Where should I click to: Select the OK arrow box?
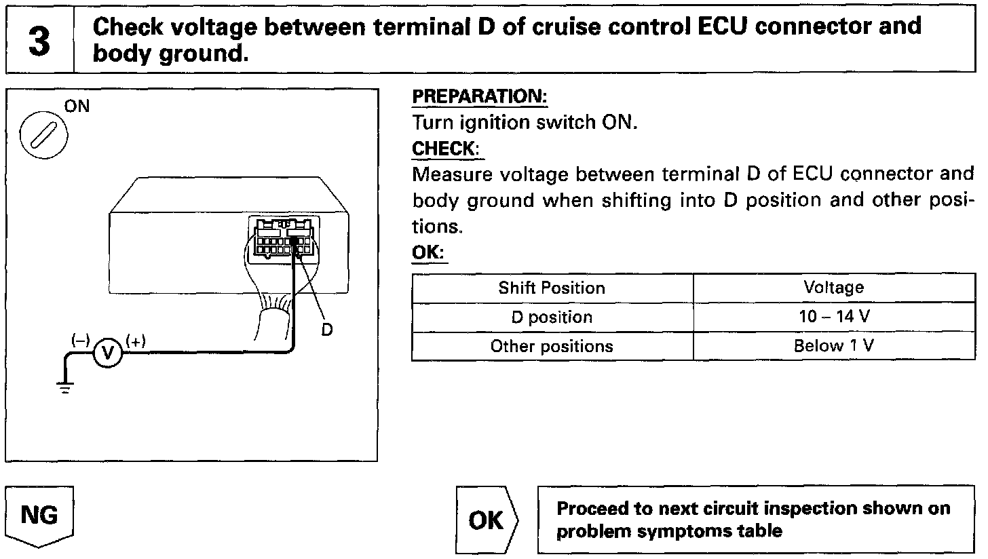coord(487,520)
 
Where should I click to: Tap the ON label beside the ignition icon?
coord(77,107)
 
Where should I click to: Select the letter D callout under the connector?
coord(326,329)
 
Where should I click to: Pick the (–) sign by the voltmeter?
coord(81,341)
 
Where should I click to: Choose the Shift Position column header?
coord(552,288)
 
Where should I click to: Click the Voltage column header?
coord(833,288)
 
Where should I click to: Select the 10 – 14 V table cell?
coord(833,317)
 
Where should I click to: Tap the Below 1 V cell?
coord(833,346)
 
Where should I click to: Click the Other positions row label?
coord(552,346)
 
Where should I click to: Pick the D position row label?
coord(552,317)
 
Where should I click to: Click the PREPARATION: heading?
coord(480,97)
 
